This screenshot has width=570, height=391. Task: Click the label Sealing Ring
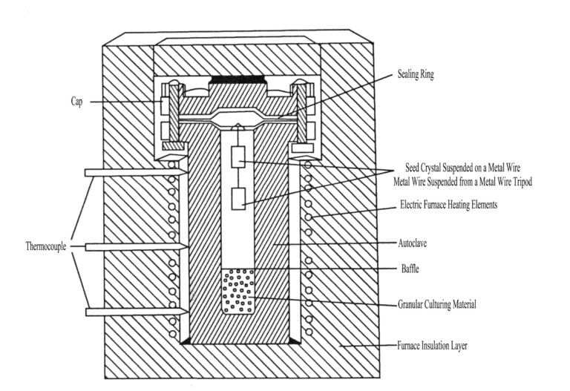click(x=416, y=74)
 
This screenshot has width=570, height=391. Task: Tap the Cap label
click(x=76, y=102)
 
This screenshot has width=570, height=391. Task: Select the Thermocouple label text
click(x=46, y=246)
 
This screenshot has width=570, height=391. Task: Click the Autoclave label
click(x=412, y=243)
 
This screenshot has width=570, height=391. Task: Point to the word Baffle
click(x=410, y=269)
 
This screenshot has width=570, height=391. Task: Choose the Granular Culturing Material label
click(x=437, y=304)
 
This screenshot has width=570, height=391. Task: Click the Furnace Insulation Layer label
click(x=432, y=345)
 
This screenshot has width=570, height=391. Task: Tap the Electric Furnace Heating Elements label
click(x=448, y=204)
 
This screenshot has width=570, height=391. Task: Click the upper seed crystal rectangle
click(x=238, y=157)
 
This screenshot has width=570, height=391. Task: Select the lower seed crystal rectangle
click(x=238, y=199)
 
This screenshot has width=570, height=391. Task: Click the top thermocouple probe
click(x=136, y=172)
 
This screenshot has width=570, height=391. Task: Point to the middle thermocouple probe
click(x=137, y=247)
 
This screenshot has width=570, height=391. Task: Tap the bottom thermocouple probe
click(x=137, y=312)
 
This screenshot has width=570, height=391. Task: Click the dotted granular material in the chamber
click(x=238, y=292)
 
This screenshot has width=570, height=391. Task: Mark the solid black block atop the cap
click(x=238, y=79)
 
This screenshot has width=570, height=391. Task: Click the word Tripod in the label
click(x=521, y=181)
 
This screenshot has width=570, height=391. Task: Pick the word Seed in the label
click(x=412, y=168)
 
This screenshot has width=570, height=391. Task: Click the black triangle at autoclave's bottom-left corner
click(x=186, y=341)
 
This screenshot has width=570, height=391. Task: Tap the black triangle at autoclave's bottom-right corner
click(x=294, y=341)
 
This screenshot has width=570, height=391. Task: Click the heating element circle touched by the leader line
click(x=308, y=217)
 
